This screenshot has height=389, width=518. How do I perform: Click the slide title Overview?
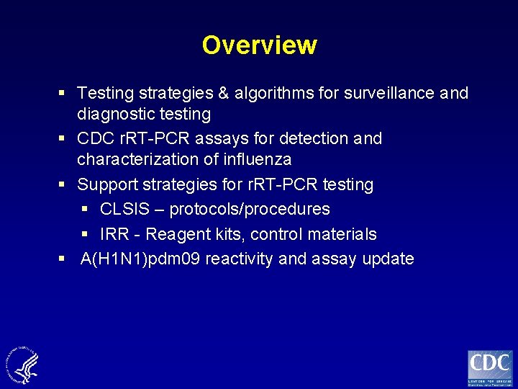(x=259, y=45)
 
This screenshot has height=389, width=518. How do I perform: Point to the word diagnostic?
(x=113, y=114)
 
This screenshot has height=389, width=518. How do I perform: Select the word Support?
(x=108, y=184)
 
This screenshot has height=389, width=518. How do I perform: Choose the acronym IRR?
(x=114, y=235)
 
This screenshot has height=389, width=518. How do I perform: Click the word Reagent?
(x=176, y=235)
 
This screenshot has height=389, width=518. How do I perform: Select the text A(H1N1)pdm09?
(x=141, y=259)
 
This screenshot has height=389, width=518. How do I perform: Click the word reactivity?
(x=240, y=259)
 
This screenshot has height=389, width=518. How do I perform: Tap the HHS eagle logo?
(x=23, y=364)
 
